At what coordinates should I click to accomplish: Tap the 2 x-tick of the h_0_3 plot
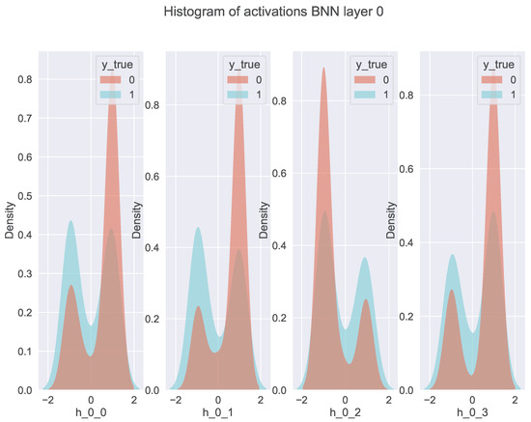pos(515,399)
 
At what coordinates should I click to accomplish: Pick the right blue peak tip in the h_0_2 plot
pos(365,257)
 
